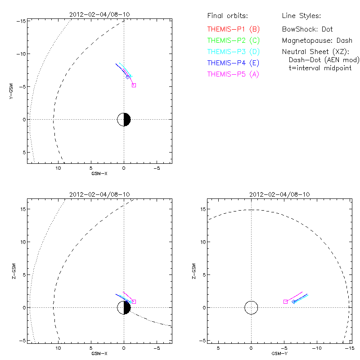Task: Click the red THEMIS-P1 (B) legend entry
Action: [234, 29]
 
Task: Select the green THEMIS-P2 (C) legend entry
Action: [234, 40]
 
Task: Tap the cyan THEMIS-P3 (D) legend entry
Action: [234, 52]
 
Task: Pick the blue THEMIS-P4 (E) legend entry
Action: [234, 63]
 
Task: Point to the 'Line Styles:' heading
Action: [301, 16]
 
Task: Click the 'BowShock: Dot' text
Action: [307, 29]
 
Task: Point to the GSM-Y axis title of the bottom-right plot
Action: [277, 353]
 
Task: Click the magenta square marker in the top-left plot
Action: [134, 85]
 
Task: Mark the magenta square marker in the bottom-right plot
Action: [285, 301]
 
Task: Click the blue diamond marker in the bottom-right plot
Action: [294, 301]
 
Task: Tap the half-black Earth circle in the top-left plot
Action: [124, 119]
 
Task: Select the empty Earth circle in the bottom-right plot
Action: [251, 307]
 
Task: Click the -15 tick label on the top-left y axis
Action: [20, 21]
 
